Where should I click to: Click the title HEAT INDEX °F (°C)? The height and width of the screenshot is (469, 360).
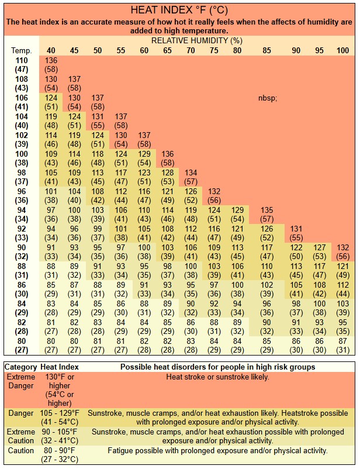pyautogui.click(x=179, y=11)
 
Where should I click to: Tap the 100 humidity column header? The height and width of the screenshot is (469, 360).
pyautogui.click(x=342, y=51)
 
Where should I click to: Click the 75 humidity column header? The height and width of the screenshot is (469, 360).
pyautogui.click(x=214, y=51)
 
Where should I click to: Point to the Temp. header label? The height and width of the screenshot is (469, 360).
pyautogui.click(x=17, y=51)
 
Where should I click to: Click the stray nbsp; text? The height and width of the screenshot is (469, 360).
pyautogui.click(x=267, y=98)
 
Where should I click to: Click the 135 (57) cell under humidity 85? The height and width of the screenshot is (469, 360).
pyautogui.click(x=267, y=214)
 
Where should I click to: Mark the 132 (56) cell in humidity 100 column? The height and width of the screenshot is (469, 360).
pyautogui.click(x=342, y=251)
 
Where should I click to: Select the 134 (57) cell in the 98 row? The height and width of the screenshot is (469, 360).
pyautogui.click(x=191, y=177)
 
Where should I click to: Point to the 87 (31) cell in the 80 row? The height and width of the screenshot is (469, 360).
pyautogui.click(x=342, y=345)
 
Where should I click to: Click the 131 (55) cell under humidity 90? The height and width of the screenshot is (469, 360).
pyautogui.click(x=296, y=233)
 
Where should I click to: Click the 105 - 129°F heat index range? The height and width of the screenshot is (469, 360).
pyautogui.click(x=60, y=413)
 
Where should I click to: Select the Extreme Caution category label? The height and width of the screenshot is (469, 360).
pyautogui.click(x=20, y=436)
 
